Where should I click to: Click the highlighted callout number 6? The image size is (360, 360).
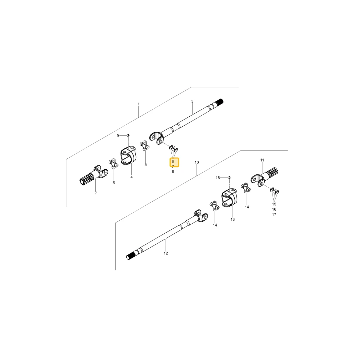pyautogui.click(x=173, y=161)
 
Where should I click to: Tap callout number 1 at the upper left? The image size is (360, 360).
pyautogui.click(x=139, y=104)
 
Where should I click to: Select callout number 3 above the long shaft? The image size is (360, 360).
pyautogui.click(x=192, y=101)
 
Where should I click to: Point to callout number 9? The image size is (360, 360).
pyautogui.click(x=118, y=136)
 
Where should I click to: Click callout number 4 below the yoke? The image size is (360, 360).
pyautogui.click(x=131, y=177)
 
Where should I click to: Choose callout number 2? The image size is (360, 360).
pyautogui.click(x=95, y=193)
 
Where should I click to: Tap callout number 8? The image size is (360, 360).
pyautogui.click(x=173, y=171)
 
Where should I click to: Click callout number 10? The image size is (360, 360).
pyautogui.click(x=197, y=162)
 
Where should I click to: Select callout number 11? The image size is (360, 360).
pyautogui.click(x=262, y=160)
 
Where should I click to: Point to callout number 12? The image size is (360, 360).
pyautogui.click(x=166, y=253)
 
